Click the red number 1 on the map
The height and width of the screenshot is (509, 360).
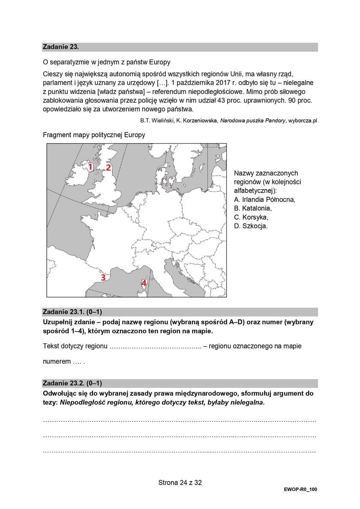90,166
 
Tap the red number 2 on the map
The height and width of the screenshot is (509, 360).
108,167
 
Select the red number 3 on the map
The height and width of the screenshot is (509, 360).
103,277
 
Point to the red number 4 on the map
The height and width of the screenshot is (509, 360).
144,283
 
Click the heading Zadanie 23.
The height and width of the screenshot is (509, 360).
60,47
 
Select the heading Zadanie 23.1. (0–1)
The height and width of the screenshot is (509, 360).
72,312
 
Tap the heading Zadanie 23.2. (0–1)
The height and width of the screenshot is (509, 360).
72,383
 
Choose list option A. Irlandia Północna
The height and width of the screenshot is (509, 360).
264,199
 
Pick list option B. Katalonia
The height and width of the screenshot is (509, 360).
253,208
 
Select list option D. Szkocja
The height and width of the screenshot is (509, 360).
251,226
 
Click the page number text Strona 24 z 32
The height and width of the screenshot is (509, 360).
180,482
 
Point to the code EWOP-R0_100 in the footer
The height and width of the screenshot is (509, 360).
300,489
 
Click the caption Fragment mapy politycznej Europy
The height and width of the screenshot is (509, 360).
94,135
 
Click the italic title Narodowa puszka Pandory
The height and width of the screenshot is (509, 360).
252,121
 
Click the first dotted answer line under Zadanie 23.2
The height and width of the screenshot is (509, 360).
180,422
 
